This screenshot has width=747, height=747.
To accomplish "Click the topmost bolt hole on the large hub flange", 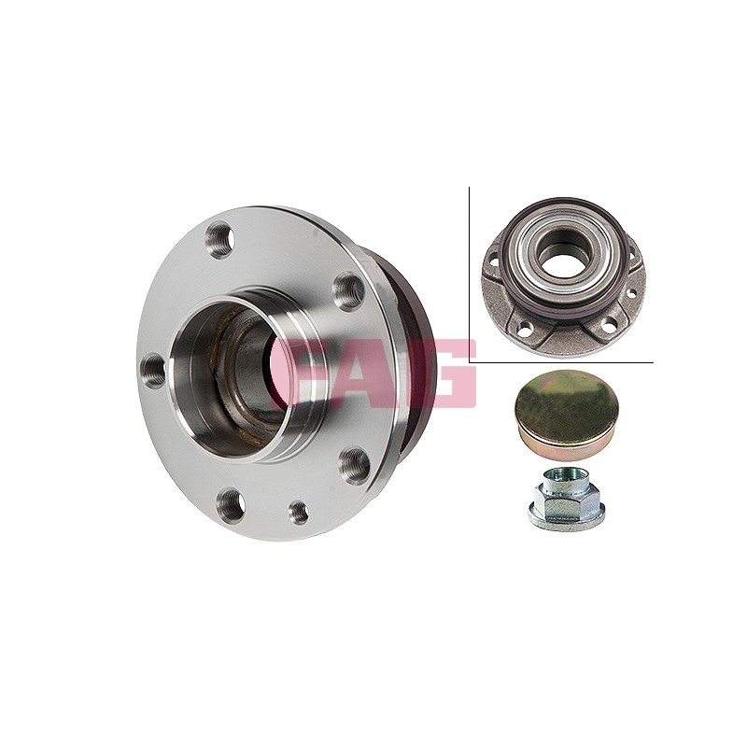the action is coord(221,240).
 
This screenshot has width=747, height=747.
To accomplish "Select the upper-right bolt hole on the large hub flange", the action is coord(347,290).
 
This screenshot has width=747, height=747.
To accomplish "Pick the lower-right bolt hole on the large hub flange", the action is coord(355,465).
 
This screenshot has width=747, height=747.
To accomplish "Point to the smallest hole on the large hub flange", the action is coord(299,512).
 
